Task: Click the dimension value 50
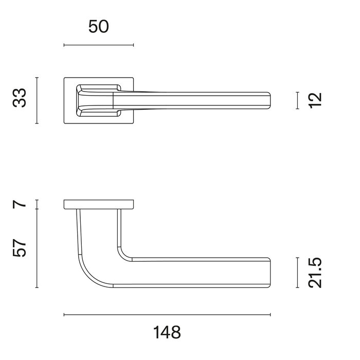click(99, 27)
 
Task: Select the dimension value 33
click(20, 98)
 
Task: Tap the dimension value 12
click(316, 99)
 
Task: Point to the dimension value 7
click(20, 204)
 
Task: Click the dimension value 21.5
click(316, 273)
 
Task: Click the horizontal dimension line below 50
click(99, 45)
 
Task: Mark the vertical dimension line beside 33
click(37, 100)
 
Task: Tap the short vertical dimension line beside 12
click(298, 100)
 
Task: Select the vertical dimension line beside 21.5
click(298, 273)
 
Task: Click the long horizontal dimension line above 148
click(167, 314)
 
